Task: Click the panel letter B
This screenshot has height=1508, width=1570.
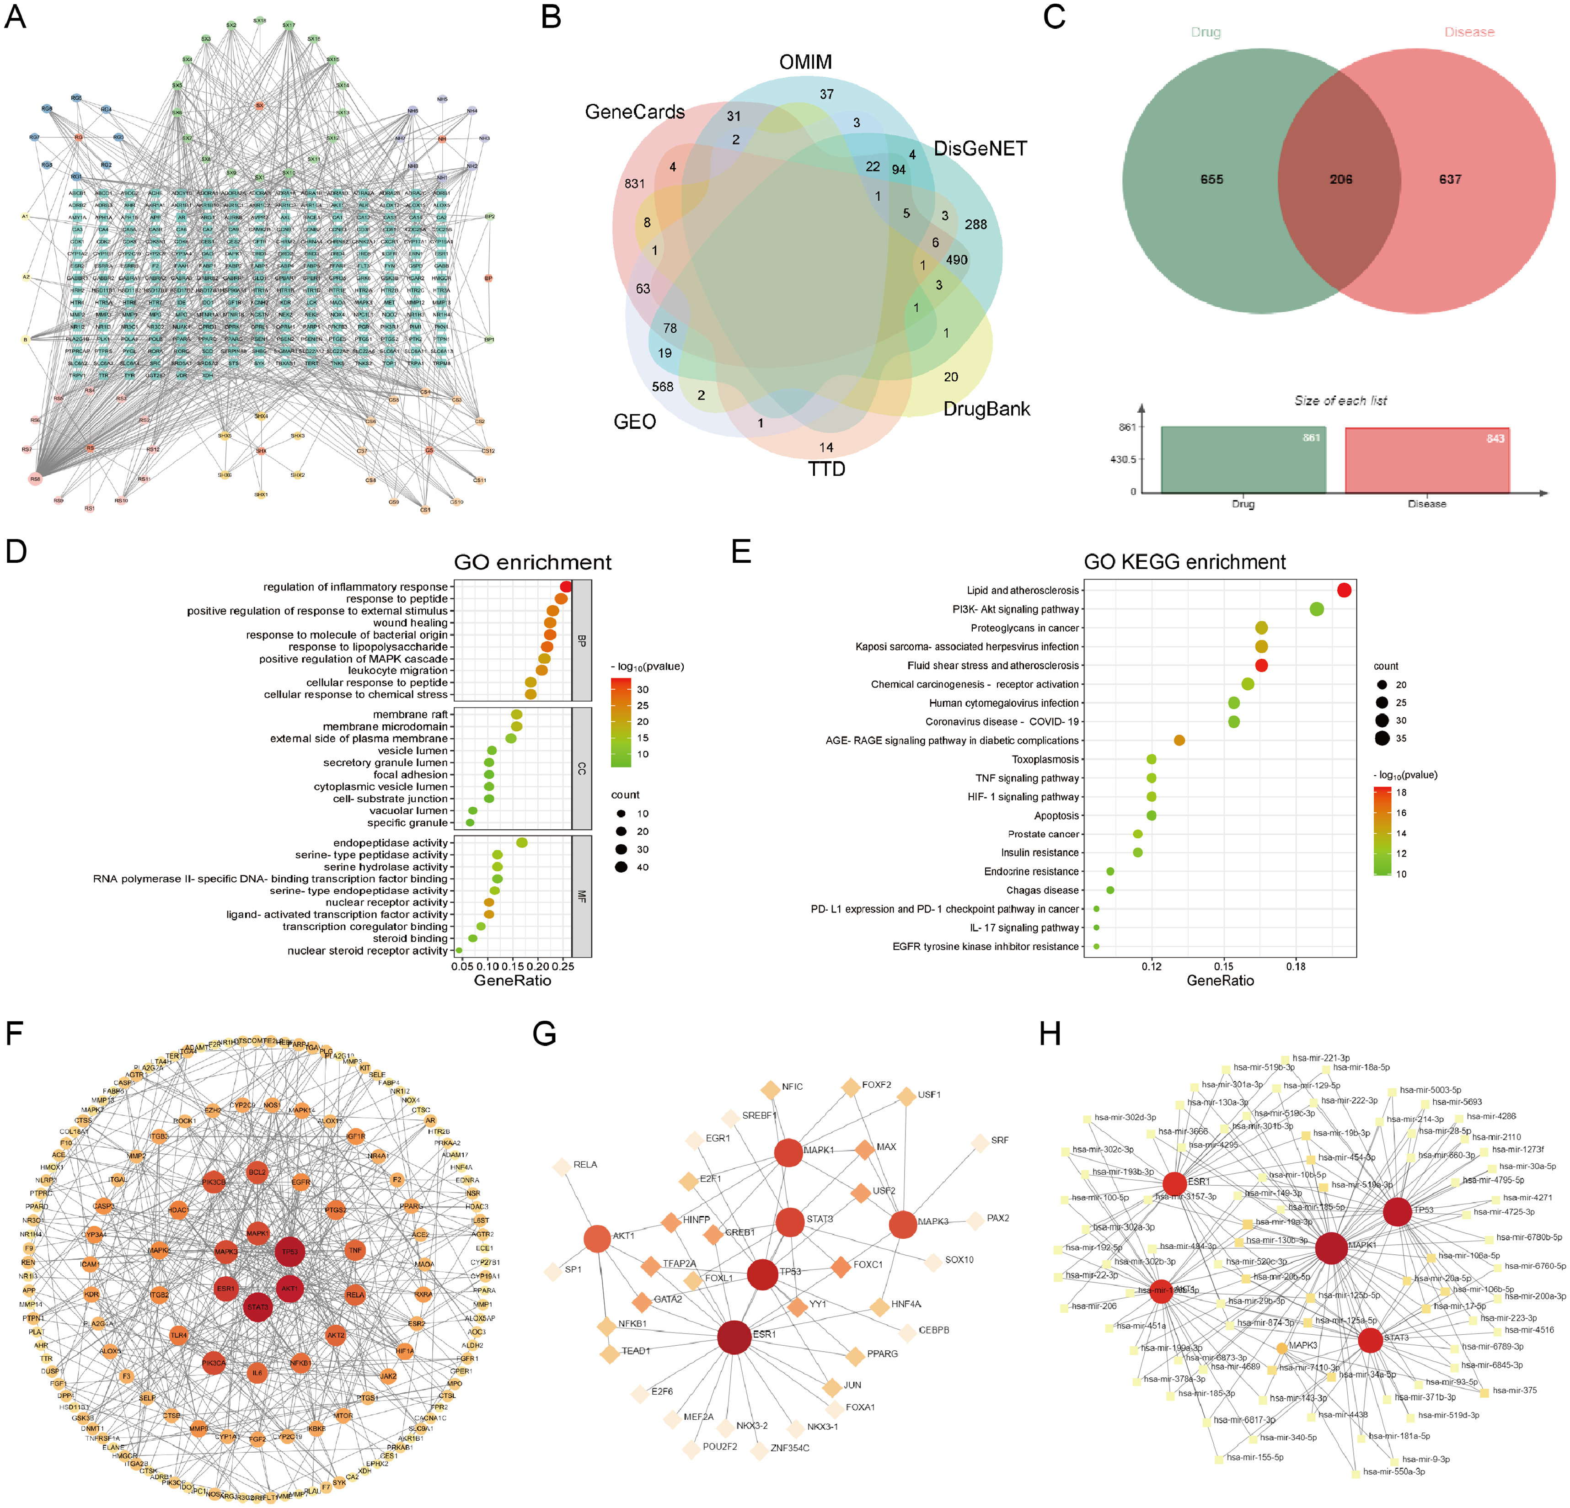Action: coord(551,17)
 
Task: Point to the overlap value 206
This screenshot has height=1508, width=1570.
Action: coord(1341,179)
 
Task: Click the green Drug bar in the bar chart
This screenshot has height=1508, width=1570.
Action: coord(1243,460)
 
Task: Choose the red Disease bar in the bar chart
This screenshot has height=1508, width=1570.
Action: coord(1426,460)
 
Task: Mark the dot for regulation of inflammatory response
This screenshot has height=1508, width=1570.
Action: coord(566,587)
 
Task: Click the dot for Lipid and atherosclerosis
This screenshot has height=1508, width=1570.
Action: coord(1344,590)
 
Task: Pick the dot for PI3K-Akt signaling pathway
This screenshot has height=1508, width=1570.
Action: coord(1316,609)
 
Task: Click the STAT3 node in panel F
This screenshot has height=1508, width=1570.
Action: coord(257,1307)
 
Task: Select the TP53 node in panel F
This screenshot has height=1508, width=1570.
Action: coord(289,1251)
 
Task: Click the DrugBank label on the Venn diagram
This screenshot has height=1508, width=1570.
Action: coord(986,409)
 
